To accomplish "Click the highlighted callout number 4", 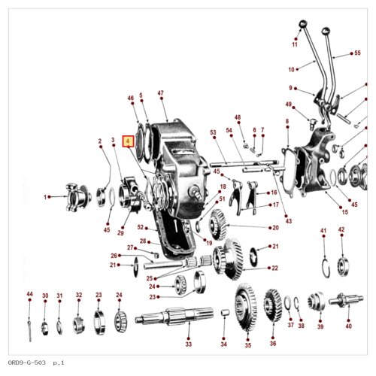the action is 128,141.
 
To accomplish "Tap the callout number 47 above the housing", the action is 161,93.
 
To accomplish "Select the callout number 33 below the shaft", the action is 189,344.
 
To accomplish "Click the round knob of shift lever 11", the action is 303,24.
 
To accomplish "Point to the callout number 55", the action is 357,53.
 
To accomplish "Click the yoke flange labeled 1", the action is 78,197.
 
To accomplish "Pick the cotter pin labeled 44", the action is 29,330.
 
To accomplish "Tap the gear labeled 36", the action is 273,305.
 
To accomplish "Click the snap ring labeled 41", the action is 326,268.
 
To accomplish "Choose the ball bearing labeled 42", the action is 343,265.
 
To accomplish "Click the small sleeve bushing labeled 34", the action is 225,314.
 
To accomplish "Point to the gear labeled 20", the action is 217,225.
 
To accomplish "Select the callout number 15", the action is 345,212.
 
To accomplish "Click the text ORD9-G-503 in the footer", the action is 27,362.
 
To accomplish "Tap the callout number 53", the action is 213,132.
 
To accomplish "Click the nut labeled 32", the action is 78,326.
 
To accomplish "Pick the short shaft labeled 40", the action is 346,300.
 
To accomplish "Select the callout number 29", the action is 120,233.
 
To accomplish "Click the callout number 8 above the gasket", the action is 287,121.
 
